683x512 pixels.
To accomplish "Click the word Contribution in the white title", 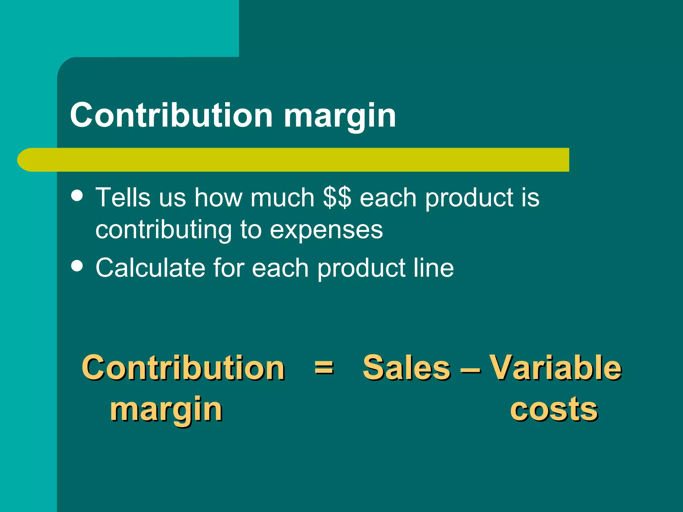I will [171, 115].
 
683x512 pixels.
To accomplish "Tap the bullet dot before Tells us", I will [77, 196].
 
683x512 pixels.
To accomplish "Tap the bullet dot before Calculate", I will [77, 266].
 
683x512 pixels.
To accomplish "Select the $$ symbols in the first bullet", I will [337, 197].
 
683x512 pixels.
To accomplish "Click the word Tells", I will [123, 197].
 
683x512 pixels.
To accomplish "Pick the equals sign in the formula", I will [324, 368].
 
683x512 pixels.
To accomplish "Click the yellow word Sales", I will [407, 368].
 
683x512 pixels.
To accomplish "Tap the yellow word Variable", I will [555, 368].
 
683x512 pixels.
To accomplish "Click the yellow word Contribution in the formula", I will [183, 368].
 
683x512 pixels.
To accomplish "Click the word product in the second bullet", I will [362, 268].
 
